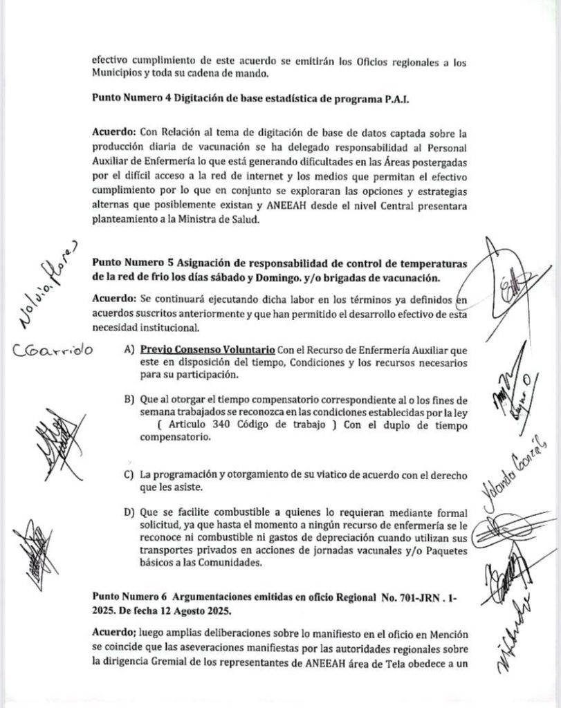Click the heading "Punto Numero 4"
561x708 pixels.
[x=131, y=98]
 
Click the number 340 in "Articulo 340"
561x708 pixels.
[x=239, y=425]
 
